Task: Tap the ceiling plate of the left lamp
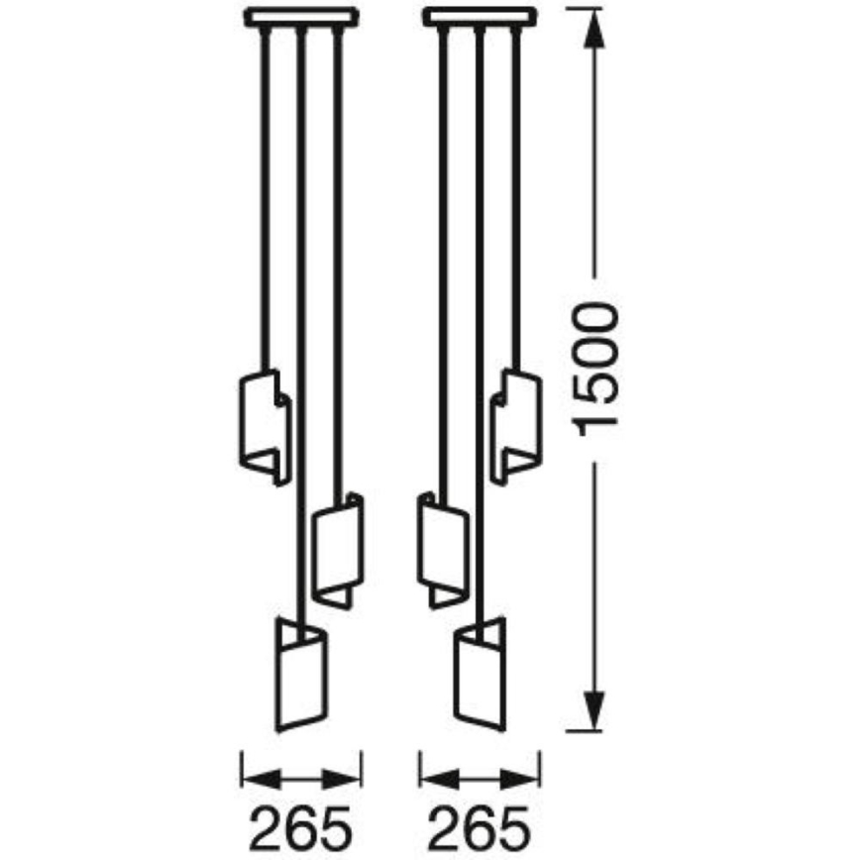(302, 17)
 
